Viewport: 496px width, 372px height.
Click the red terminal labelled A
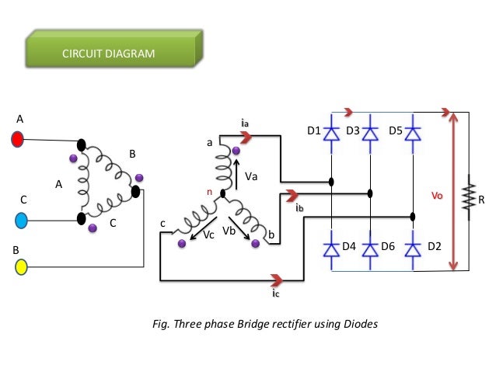tap(17, 139)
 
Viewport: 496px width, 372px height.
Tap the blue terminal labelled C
tap(21, 221)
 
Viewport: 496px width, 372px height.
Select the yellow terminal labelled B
tap(21, 266)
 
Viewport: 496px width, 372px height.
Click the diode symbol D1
tap(331, 134)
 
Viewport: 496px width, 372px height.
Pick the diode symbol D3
tap(370, 134)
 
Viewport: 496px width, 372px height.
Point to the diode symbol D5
tap(413, 134)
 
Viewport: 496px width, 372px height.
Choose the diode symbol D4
tap(331, 250)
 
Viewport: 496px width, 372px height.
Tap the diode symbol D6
tap(370, 250)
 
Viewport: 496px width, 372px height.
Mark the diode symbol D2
tap(413, 250)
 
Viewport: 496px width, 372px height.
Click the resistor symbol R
tap(469, 196)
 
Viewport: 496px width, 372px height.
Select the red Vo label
tap(437, 196)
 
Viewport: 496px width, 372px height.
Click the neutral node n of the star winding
tap(222, 193)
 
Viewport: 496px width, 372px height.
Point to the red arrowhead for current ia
tap(246, 137)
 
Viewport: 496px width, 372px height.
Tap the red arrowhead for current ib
tap(292, 196)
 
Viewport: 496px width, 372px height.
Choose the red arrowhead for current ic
tap(277, 280)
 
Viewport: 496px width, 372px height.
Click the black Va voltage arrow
tap(236, 175)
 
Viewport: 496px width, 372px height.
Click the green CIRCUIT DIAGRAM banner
tap(114, 48)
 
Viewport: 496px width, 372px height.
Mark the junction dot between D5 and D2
tap(413, 217)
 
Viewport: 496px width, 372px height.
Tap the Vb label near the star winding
tap(229, 231)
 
